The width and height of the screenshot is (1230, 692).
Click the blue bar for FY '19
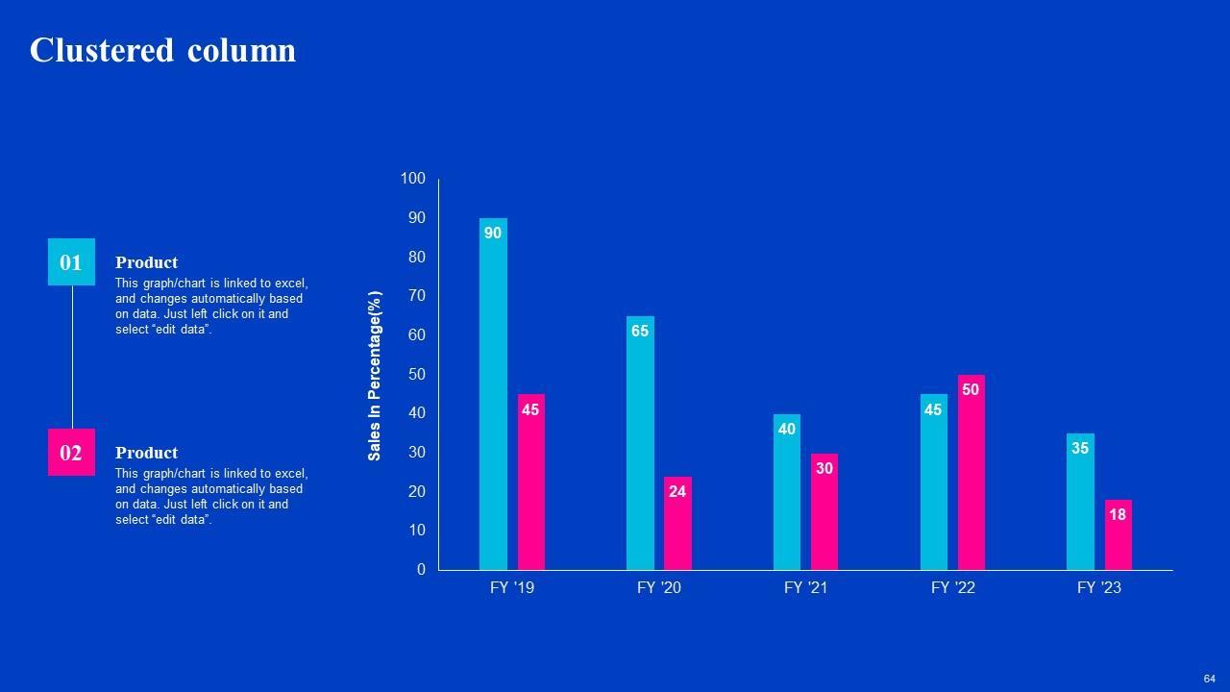click(x=493, y=394)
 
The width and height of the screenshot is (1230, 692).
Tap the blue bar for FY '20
click(x=640, y=443)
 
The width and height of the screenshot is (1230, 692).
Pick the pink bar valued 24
click(x=677, y=524)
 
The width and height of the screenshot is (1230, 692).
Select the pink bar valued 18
click(x=1118, y=535)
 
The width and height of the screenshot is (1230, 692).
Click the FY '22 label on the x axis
click(x=952, y=588)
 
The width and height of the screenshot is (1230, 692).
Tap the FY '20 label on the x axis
click(x=658, y=588)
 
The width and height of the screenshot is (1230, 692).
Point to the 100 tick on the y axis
click(x=412, y=179)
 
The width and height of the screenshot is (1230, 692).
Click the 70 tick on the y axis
click(x=416, y=296)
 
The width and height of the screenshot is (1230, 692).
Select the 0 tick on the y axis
click(x=421, y=570)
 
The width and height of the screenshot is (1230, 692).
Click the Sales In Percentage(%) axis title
click(x=375, y=376)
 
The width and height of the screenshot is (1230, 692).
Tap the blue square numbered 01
click(x=71, y=262)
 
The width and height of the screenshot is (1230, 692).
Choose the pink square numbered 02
click(x=71, y=453)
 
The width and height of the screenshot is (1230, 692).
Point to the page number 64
click(x=1210, y=679)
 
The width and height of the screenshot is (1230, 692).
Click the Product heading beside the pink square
click(x=146, y=453)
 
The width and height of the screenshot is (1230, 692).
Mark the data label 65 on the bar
click(x=640, y=332)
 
